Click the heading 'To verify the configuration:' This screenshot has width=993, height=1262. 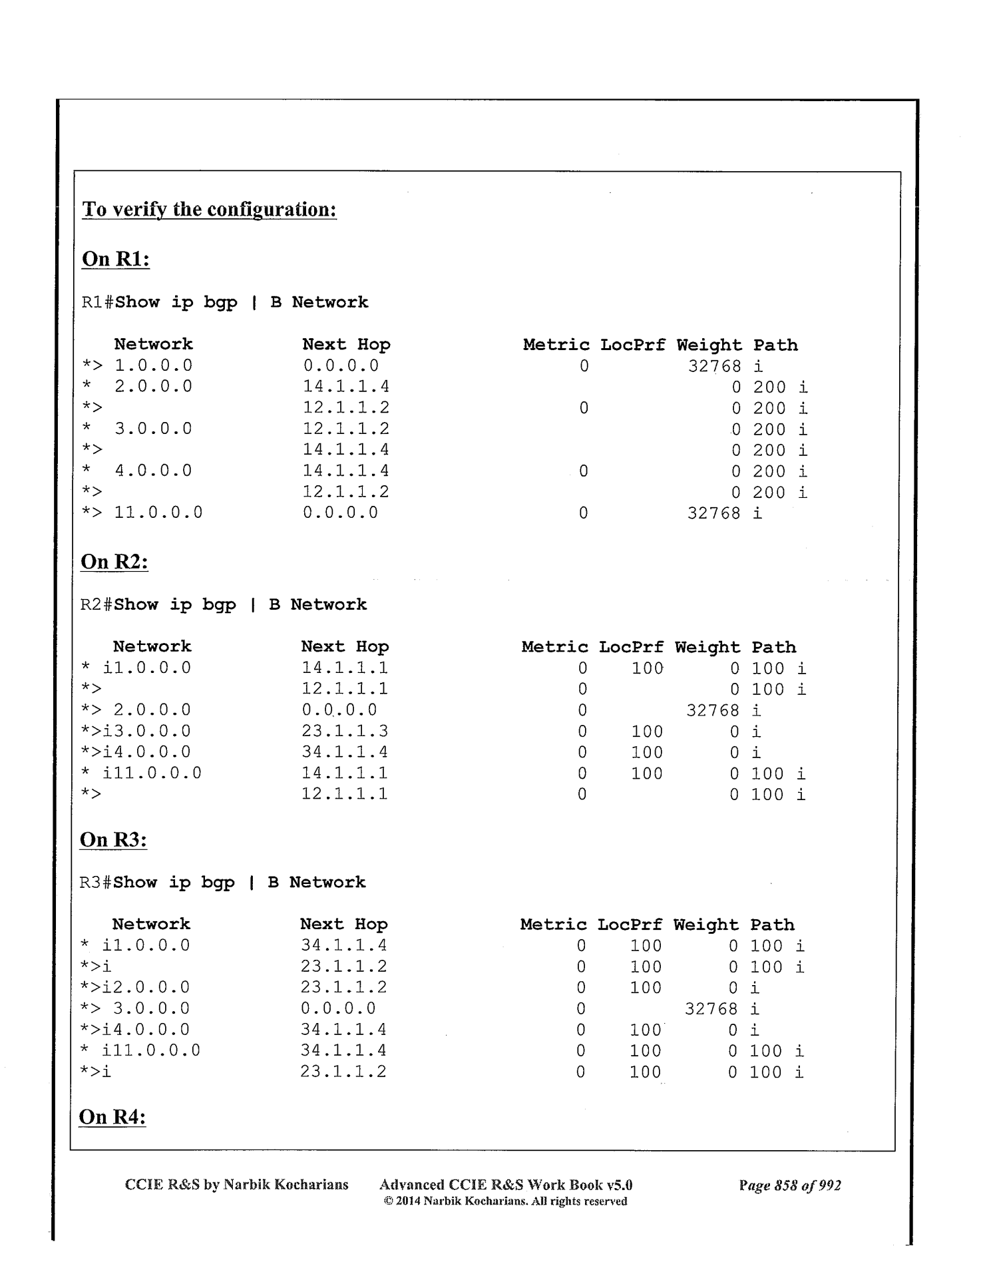[209, 210]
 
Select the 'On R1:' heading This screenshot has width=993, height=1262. [116, 259]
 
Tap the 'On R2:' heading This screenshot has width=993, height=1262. [114, 562]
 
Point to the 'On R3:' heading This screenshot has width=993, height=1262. [113, 840]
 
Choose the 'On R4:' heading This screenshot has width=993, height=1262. [112, 1117]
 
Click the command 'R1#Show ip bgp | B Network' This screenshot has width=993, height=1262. [225, 302]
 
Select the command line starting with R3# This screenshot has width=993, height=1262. [222, 883]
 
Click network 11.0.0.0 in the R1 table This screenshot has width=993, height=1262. [158, 513]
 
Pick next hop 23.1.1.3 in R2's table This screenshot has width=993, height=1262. [345, 732]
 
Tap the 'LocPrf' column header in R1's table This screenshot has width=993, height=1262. [632, 345]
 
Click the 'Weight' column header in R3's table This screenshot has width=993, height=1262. [705, 925]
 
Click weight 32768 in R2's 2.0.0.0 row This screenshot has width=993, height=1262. [713, 711]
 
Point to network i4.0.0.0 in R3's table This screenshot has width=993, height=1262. [146, 1030]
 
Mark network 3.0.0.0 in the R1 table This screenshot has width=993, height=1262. [153, 429]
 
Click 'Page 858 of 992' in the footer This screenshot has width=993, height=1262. [789, 1185]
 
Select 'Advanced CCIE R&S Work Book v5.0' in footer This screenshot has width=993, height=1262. [506, 1185]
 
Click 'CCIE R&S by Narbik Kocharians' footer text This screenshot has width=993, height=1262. [237, 1185]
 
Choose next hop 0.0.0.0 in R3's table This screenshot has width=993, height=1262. [338, 1009]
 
